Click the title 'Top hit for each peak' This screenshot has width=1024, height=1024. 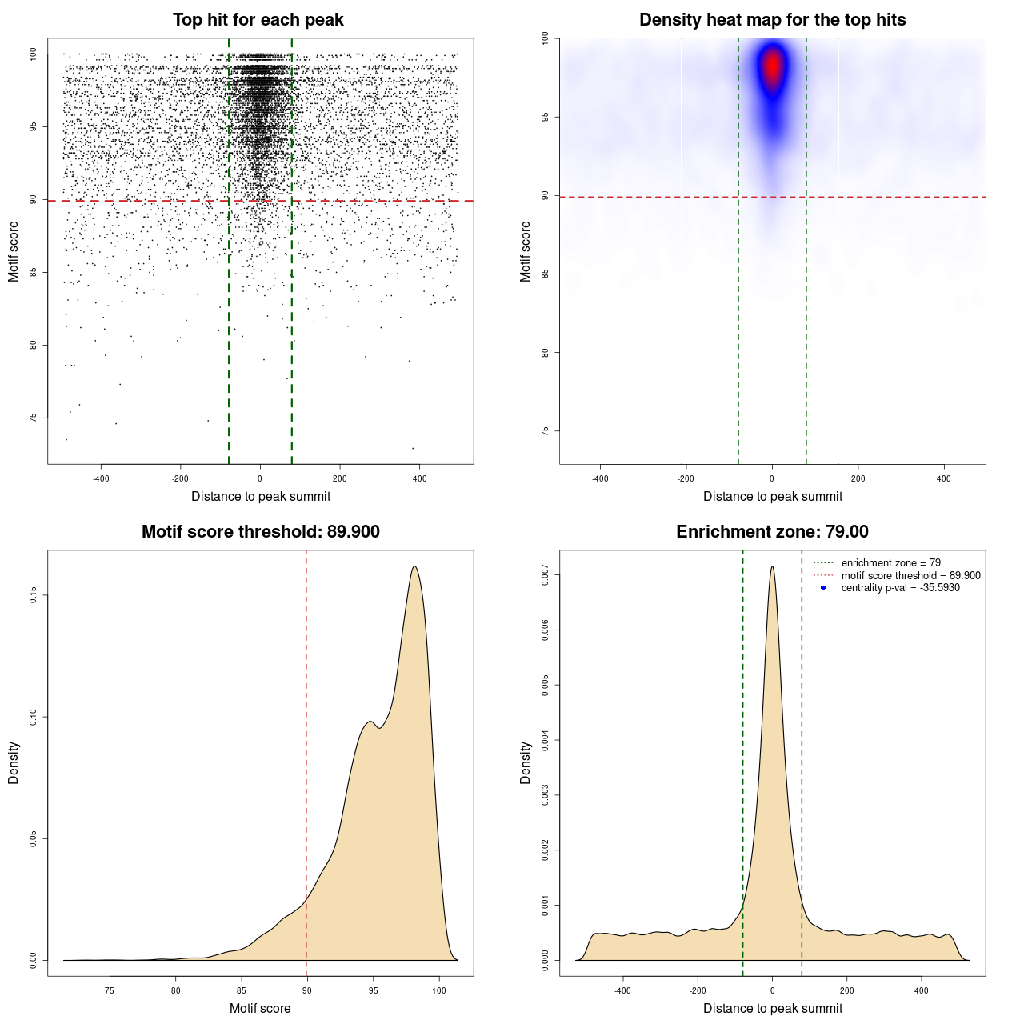click(258, 20)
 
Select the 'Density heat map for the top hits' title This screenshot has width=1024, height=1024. click(772, 20)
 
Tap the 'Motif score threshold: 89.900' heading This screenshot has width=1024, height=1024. click(260, 532)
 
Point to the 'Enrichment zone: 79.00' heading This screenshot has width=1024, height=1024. click(772, 532)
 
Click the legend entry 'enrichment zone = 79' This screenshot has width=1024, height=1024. click(890, 563)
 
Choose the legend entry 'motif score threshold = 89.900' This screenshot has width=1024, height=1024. click(910, 575)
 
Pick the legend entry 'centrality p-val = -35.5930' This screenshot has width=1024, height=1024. click(900, 588)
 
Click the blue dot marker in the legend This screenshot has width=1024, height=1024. click(823, 588)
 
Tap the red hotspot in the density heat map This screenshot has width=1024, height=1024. click(772, 66)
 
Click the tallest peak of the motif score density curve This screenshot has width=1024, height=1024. click(414, 566)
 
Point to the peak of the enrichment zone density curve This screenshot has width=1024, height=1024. click(772, 566)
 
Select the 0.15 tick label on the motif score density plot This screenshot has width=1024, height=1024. click(33, 595)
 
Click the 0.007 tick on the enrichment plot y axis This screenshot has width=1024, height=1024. click(545, 574)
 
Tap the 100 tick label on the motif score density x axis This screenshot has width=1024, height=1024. click(438, 990)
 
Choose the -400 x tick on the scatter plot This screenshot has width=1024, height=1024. click(101, 478)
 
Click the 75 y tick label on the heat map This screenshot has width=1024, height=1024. click(545, 431)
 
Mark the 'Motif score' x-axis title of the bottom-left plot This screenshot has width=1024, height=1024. click(260, 1008)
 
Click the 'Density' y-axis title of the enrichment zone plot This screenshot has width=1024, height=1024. click(526, 762)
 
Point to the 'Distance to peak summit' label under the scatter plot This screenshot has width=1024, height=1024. click(261, 496)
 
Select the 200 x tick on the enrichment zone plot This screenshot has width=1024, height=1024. click(846, 990)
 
